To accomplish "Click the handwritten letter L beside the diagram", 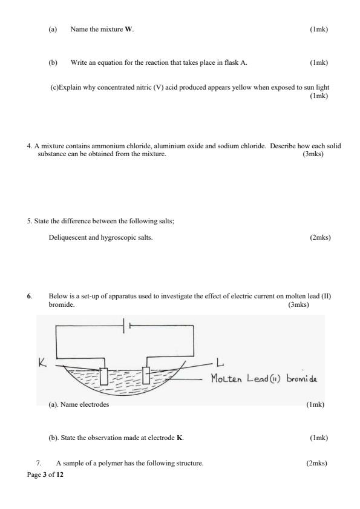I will click(x=219, y=363).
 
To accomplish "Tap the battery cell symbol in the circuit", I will click(x=126, y=326).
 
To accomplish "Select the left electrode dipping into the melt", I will click(x=104, y=375).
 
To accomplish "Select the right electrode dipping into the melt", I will click(x=145, y=375).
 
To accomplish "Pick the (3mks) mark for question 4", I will click(x=313, y=154).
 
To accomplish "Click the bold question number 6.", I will click(x=29, y=297).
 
